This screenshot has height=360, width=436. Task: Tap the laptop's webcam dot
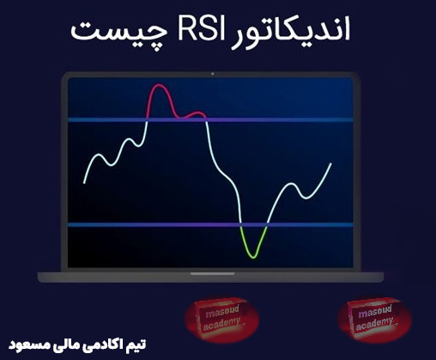pyautogui.click(x=211, y=74)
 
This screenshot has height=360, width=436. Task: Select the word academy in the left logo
pyautogui.click(x=221, y=326)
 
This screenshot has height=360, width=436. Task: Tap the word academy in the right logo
pyautogui.click(x=375, y=324)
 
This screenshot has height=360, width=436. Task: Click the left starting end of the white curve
pyautogui.click(x=84, y=182)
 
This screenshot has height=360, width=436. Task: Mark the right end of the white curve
pyautogui.click(x=330, y=163)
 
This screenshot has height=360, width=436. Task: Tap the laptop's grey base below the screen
pyautogui.click(x=211, y=277)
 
